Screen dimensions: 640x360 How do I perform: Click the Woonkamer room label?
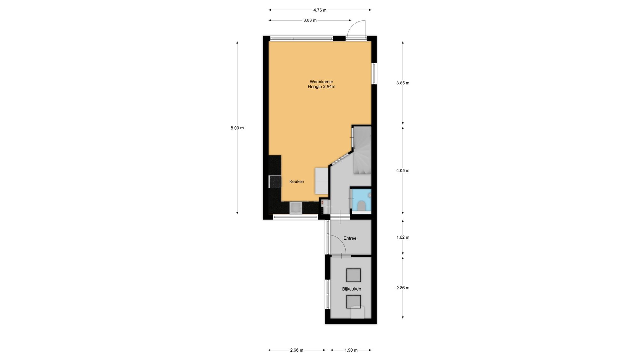(321, 82)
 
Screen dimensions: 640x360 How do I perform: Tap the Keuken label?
(297, 181)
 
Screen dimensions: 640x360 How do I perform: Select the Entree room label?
(350, 238)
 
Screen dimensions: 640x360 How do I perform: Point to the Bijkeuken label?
(352, 289)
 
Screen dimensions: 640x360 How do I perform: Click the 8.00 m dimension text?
(237, 128)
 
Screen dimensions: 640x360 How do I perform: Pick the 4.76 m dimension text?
(320, 10)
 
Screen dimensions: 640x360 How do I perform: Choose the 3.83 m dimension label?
(310, 20)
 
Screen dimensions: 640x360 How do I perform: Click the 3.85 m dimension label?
(403, 83)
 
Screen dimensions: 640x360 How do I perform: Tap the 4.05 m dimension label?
(403, 171)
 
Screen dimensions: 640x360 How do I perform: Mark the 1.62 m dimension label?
(403, 237)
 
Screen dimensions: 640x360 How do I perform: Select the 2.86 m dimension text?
(403, 288)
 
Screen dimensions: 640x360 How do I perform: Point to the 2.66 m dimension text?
(297, 350)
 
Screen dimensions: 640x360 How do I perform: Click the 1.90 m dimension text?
(351, 350)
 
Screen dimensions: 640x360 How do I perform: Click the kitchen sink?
(296, 208)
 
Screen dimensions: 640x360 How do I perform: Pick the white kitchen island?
(322, 181)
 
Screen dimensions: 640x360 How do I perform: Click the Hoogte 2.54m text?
(321, 87)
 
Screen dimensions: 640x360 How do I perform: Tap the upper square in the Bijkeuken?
(354, 275)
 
